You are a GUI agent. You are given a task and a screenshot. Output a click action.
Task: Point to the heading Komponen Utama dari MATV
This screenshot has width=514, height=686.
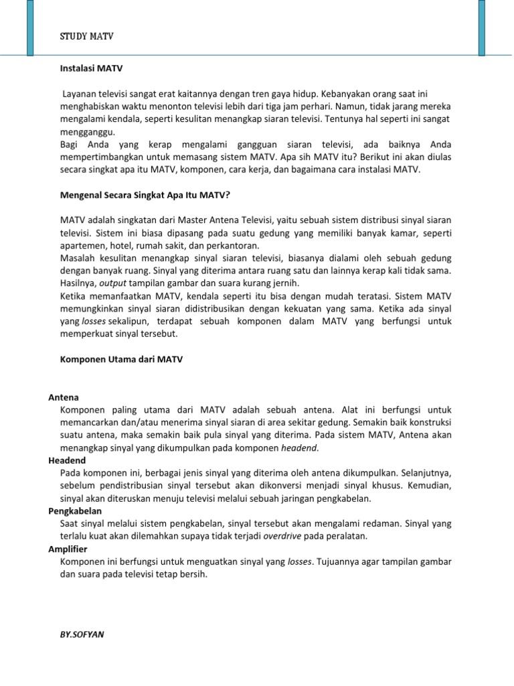121,359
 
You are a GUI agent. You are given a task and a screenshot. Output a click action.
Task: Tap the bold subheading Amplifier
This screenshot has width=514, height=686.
68,549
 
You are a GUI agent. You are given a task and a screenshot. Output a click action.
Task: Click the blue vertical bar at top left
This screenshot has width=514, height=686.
29,27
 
